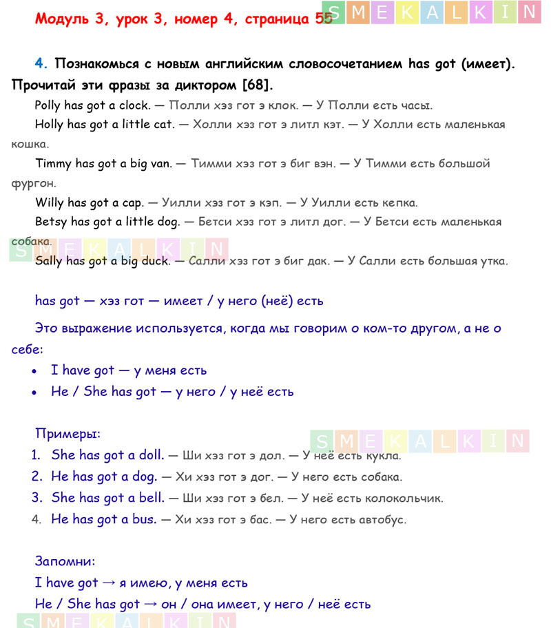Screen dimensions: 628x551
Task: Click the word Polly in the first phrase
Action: (x=48, y=105)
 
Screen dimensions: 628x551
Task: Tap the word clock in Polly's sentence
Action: (x=134, y=105)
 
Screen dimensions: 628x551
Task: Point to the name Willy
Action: (x=49, y=202)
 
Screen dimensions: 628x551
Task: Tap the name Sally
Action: (x=48, y=261)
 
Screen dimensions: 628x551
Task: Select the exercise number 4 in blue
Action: (x=41, y=64)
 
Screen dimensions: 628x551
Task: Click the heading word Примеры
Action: (x=67, y=434)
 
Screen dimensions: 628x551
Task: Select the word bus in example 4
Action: (x=144, y=519)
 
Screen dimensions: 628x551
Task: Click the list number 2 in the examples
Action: (x=37, y=477)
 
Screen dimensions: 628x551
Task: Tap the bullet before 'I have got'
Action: (x=35, y=371)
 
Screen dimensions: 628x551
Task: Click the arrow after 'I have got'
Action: (x=109, y=583)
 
